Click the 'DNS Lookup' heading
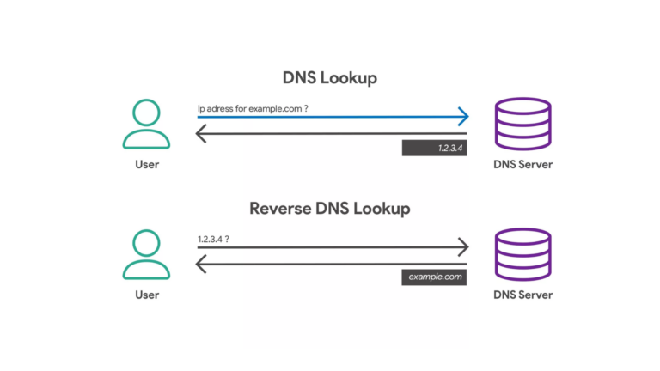330,78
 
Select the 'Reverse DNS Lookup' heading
330,209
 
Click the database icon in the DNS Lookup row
523,125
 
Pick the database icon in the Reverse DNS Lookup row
523,256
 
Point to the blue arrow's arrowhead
463,115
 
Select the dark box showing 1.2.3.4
434,149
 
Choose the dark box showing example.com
434,277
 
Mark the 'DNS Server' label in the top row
523,164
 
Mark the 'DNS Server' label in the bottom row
523,295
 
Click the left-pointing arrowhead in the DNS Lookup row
201,134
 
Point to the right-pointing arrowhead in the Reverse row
463,247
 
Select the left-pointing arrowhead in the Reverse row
201,265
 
